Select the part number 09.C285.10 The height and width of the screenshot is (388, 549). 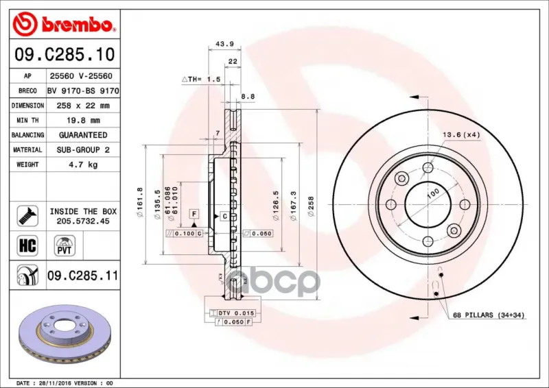pos(65,55)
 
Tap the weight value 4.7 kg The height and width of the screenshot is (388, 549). pos(82,165)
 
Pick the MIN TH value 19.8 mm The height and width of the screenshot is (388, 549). pos(83,121)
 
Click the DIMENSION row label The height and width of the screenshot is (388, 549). pos(27,106)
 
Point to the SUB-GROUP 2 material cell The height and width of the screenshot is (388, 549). pos(83,149)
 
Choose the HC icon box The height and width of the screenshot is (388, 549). pos(27,245)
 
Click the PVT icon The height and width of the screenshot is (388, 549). pos(65,245)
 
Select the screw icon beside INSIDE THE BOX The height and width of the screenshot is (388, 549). pos(27,216)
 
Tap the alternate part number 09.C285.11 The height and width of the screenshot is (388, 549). pos(83,276)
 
